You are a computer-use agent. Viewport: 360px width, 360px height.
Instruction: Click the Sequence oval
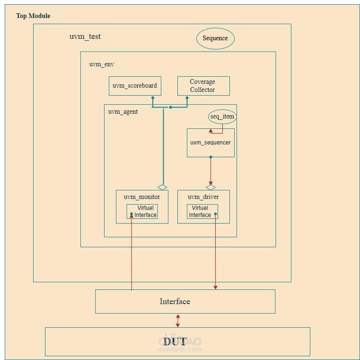[215, 38]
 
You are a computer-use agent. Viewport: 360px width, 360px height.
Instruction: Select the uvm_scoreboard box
[135, 86]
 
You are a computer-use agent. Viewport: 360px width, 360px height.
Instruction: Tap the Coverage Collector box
[203, 86]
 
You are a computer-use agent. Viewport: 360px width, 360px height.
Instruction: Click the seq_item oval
[222, 117]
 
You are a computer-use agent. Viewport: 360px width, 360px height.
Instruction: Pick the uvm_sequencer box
[211, 143]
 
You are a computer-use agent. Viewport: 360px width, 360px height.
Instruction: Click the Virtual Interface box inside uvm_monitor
[142, 211]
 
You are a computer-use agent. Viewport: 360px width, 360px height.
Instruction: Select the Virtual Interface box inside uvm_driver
[202, 211]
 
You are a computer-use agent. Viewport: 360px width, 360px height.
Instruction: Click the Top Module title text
[33, 16]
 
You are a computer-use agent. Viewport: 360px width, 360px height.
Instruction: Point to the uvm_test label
[85, 36]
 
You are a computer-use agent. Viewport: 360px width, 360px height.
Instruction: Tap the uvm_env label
[101, 64]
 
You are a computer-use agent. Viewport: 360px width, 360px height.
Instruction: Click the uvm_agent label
[123, 112]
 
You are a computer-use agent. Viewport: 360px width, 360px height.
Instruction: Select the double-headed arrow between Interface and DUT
[178, 320]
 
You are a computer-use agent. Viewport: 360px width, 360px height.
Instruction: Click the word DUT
[175, 341]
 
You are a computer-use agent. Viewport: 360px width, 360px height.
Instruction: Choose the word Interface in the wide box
[175, 301]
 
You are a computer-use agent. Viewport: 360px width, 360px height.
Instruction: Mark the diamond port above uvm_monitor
[163, 187]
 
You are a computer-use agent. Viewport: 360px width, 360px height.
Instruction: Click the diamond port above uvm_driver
[211, 187]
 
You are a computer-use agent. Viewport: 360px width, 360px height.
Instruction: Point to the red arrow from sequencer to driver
[211, 171]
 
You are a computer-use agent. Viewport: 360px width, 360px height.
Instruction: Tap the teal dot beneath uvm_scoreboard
[152, 98]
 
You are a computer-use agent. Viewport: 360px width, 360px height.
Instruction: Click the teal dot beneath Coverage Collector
[187, 98]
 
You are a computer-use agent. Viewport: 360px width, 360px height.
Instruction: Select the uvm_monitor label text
[142, 197]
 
